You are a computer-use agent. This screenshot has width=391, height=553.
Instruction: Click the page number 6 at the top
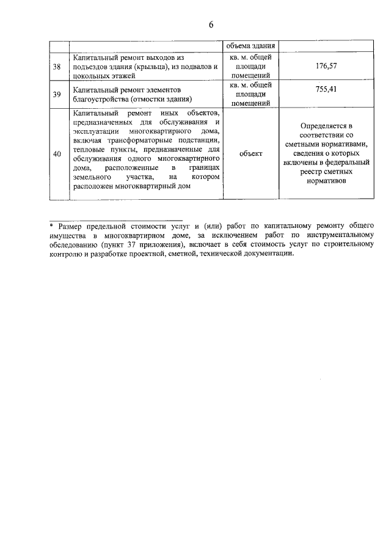click(x=211, y=25)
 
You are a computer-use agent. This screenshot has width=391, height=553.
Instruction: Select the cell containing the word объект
click(x=250, y=154)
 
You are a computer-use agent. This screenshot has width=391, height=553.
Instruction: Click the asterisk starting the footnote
click(x=52, y=225)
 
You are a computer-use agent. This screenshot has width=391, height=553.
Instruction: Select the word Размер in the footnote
click(x=72, y=225)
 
